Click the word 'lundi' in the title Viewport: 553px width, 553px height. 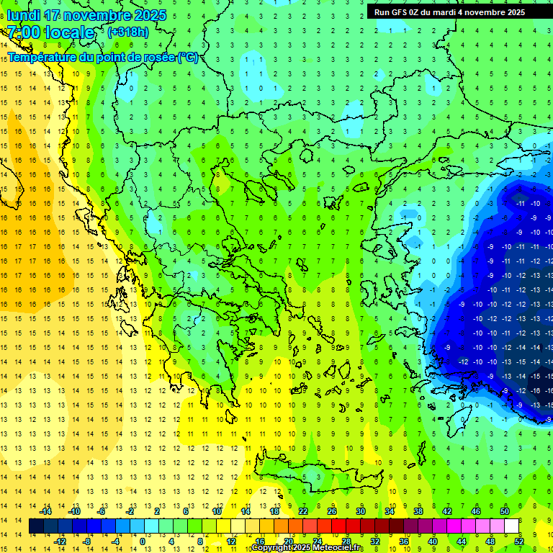[23, 15]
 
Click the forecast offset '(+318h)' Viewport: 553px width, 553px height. [128, 32]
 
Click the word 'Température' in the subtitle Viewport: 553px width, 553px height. [43, 57]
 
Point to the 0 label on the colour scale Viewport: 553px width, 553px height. [143, 541]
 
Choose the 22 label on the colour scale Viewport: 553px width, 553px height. [303, 511]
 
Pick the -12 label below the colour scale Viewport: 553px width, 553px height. [60, 541]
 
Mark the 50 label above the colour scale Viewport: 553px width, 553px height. [505, 511]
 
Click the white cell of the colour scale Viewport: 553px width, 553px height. [511, 526]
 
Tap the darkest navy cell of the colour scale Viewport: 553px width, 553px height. [36, 526]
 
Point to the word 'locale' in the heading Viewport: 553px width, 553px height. [69, 32]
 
